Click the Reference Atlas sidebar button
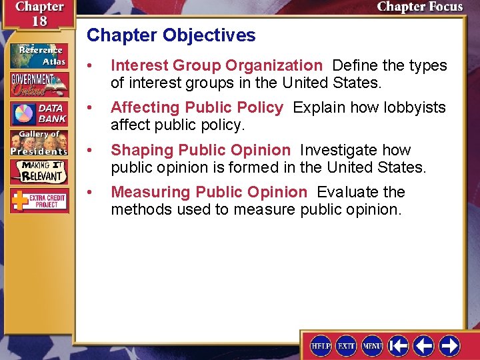coord(39,55)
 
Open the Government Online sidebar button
coord(39,85)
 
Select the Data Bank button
coord(39,113)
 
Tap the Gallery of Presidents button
coord(39,142)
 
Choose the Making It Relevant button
coord(39,171)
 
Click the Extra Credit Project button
coord(39,200)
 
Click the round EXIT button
coord(346,345)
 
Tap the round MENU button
coord(372,345)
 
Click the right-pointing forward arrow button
coord(449,345)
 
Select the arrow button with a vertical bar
coord(399,345)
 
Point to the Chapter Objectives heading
coord(171,35)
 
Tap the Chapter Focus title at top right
coord(419,7)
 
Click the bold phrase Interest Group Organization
coord(217,65)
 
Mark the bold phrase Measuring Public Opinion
coord(209,192)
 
